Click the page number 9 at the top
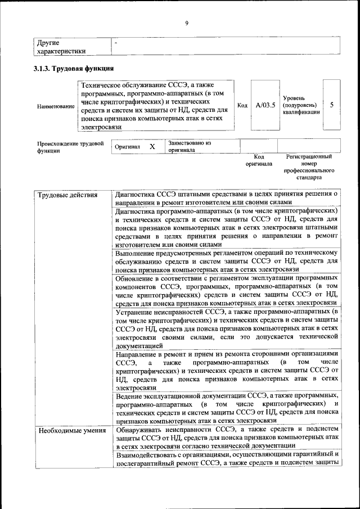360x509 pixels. [186, 23]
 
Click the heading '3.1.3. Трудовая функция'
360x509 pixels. [74, 69]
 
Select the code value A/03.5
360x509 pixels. [264, 105]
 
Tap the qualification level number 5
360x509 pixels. [331, 105]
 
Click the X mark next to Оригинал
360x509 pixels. [152, 146]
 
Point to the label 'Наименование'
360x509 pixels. [55, 106]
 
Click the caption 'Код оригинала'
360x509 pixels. [259, 160]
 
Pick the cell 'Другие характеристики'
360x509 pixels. [61, 47]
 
